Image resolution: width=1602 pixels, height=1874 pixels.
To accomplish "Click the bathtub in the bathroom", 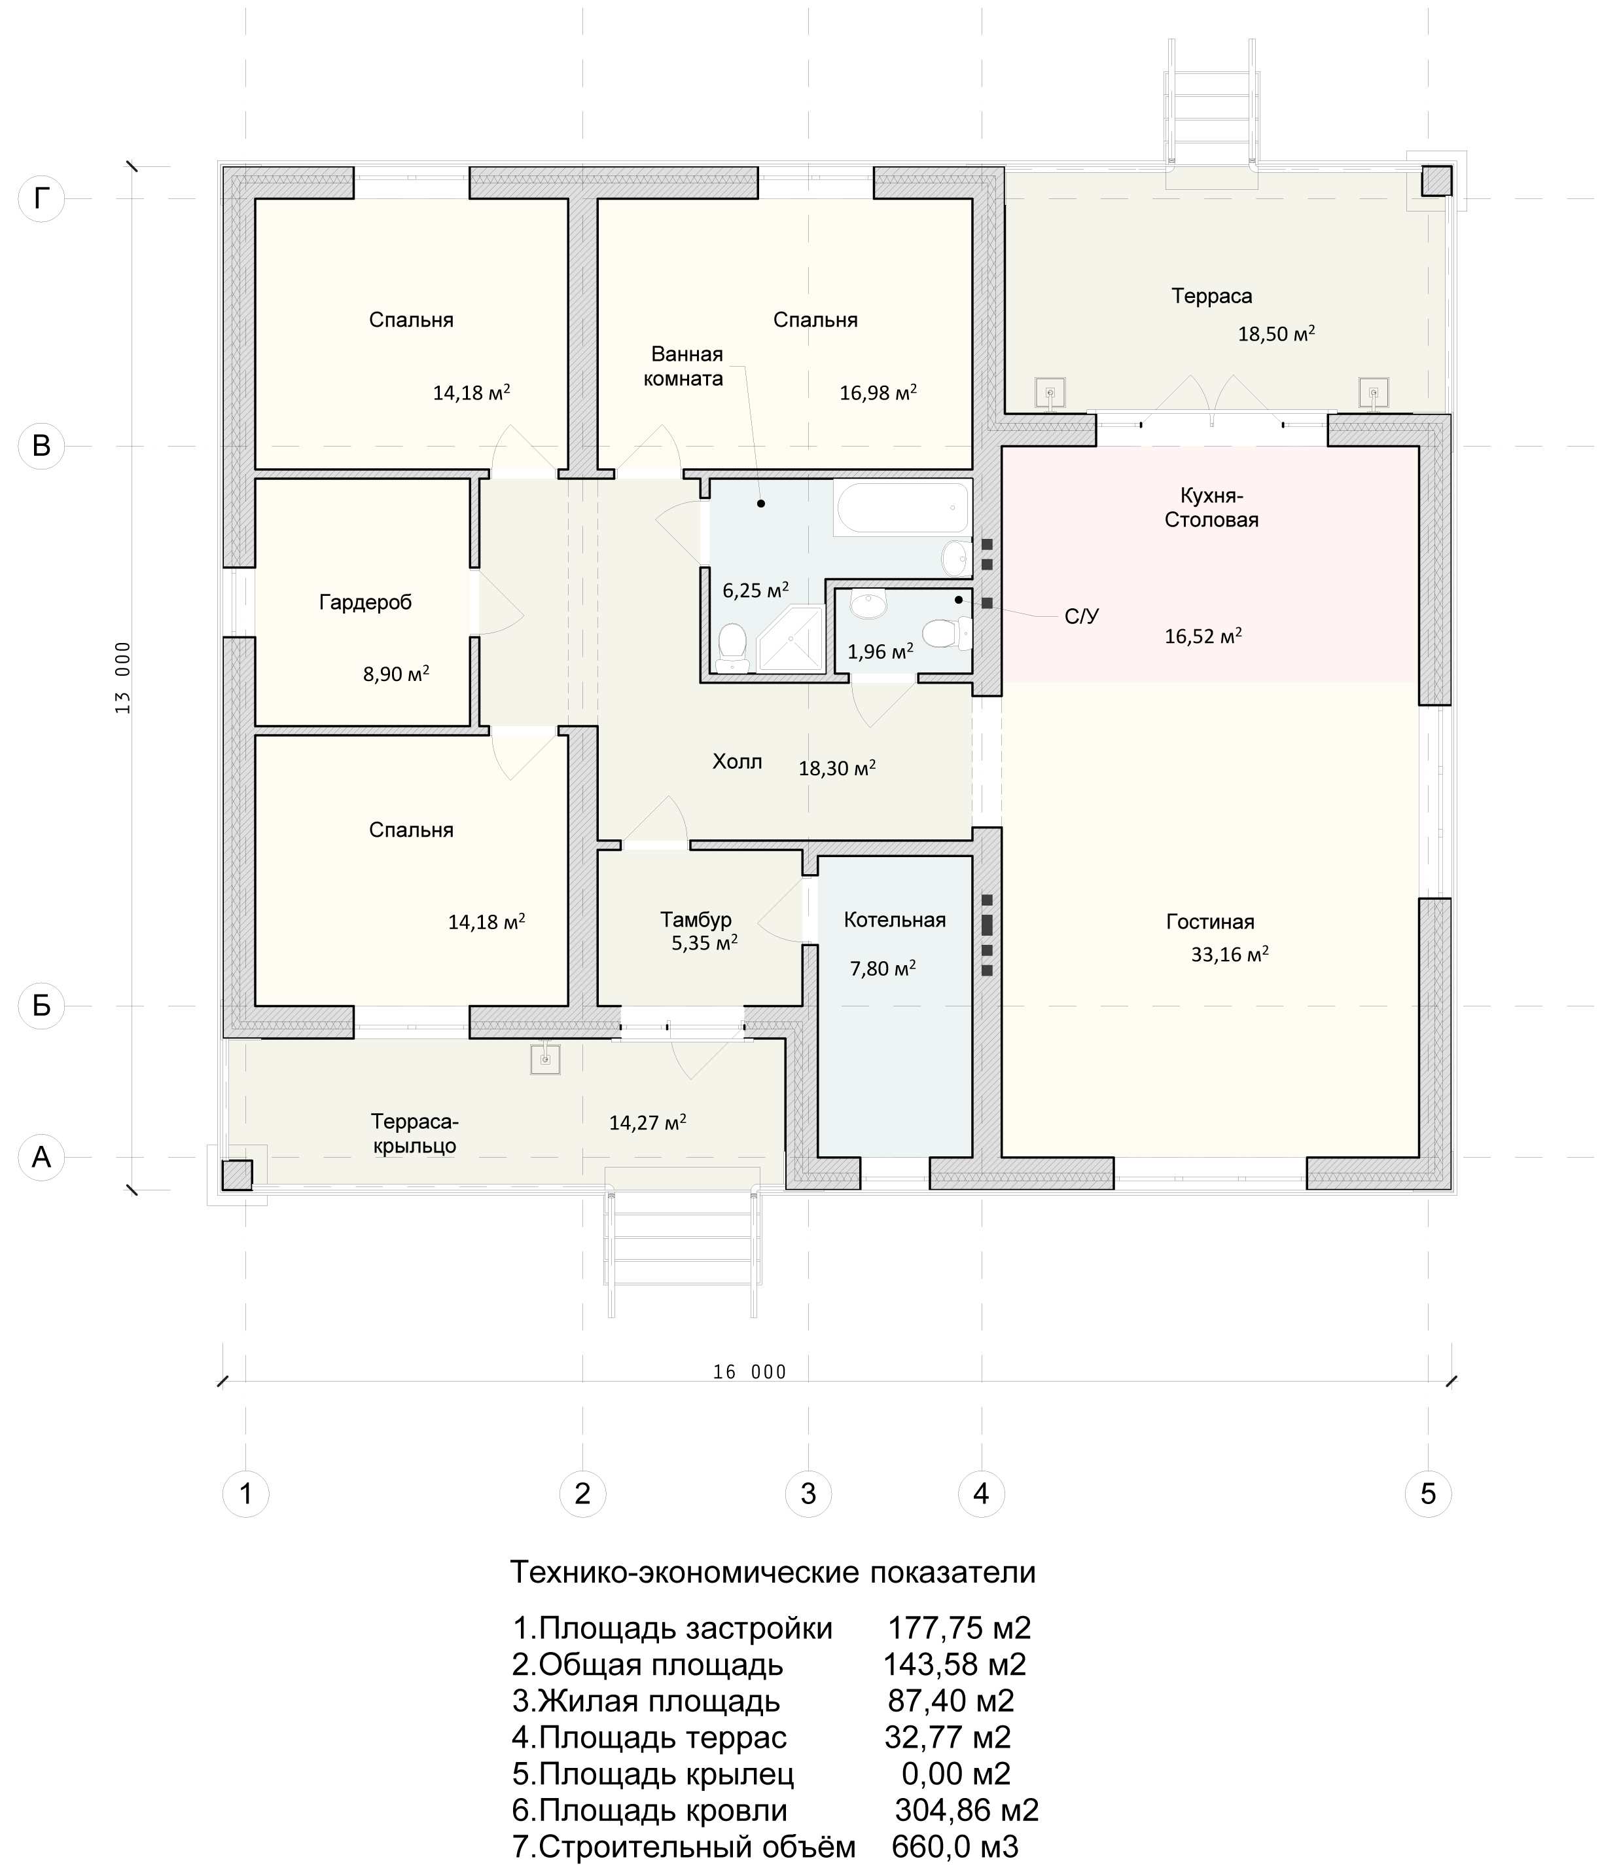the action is pos(902,508).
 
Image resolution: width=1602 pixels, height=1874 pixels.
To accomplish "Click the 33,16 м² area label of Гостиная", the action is pos(1230,953).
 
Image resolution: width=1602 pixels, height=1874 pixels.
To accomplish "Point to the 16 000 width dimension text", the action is pos(749,1372).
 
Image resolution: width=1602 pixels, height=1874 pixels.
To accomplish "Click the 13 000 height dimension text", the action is pos(123,678).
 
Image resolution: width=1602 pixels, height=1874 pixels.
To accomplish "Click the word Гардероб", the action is pos(365,602).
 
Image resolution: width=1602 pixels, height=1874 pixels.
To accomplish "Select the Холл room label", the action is pos(737,762).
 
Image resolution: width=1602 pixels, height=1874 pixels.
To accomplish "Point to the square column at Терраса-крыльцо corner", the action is pos(238,1175).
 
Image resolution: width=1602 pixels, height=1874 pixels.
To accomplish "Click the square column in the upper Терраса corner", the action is pos(1436,181).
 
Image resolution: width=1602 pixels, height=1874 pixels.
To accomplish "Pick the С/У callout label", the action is pos(1081,617).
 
